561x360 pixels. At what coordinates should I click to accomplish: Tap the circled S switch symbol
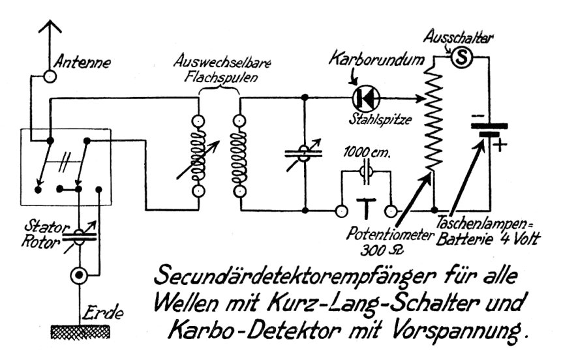click(461, 59)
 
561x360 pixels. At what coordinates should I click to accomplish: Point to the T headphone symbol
click(365, 209)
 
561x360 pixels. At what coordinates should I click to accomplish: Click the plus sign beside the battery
click(499, 145)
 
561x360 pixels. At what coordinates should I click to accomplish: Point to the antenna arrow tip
click(49, 24)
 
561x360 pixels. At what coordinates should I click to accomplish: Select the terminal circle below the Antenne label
click(50, 76)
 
